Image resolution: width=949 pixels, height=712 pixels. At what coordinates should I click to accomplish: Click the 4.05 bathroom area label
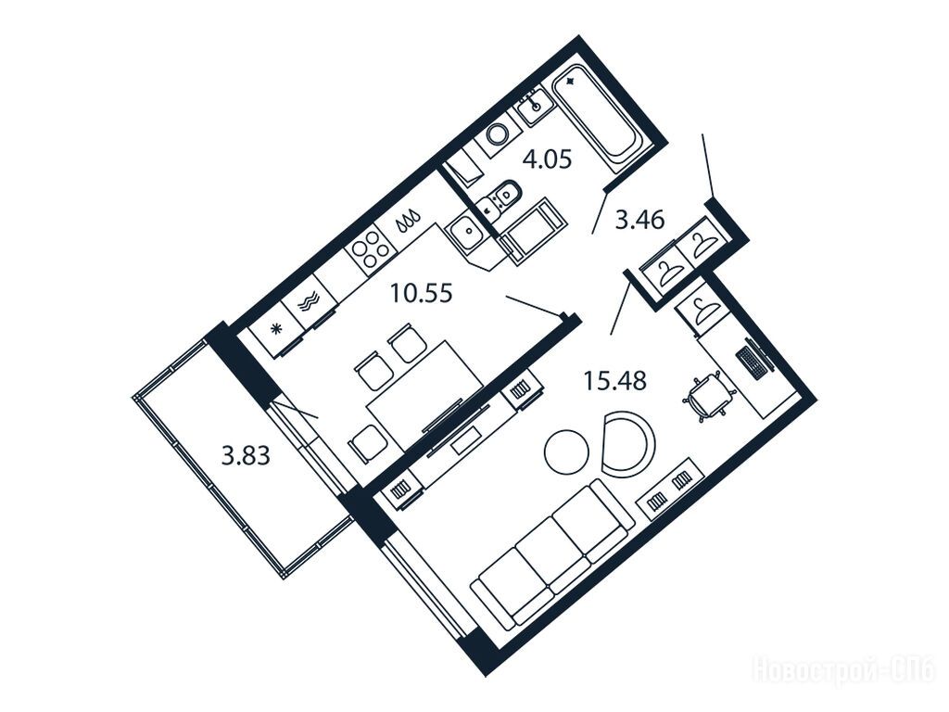coord(547,160)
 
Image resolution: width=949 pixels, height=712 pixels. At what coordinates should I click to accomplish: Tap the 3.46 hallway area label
coord(639,219)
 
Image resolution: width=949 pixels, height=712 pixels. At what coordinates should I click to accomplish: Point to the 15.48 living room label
coord(615,381)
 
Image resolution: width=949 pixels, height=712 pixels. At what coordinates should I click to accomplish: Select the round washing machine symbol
coord(499,133)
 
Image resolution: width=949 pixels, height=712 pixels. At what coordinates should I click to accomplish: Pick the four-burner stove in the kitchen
coord(370,250)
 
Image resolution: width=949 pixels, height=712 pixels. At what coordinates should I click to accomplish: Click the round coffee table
coord(566,451)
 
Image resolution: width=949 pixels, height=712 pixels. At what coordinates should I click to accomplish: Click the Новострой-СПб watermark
coord(843,671)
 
